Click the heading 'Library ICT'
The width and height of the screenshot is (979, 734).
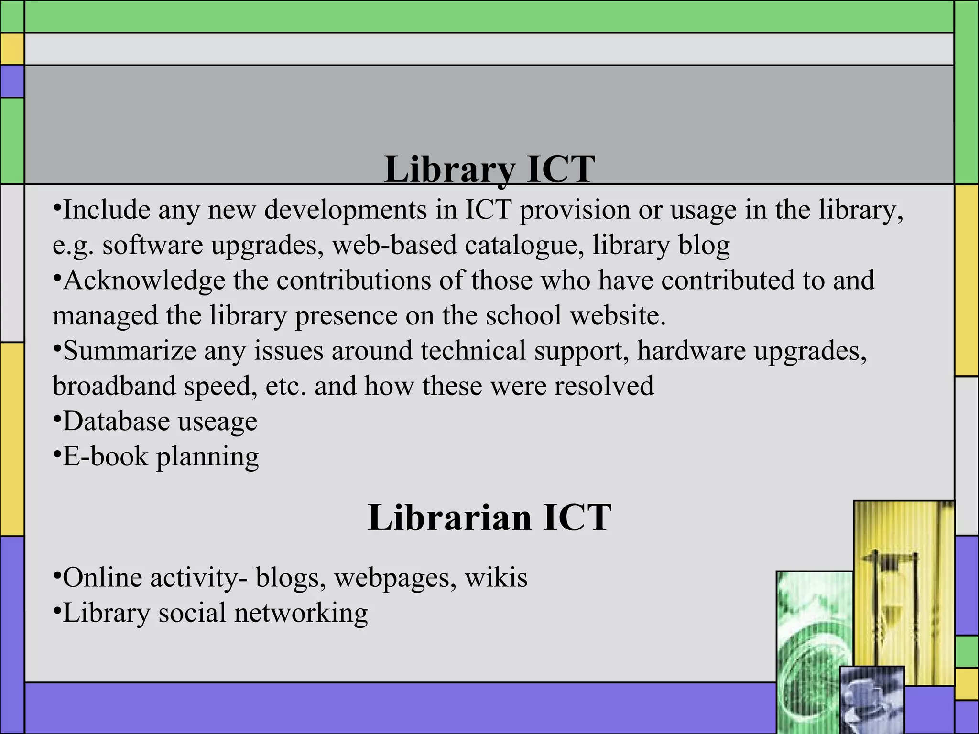pyautogui.click(x=489, y=169)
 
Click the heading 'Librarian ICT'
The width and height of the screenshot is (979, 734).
pyautogui.click(x=489, y=518)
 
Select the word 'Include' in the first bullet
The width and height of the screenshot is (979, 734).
pyautogui.click(x=107, y=210)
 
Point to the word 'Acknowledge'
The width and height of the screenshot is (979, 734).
pyautogui.click(x=144, y=281)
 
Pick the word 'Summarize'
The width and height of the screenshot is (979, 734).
pyautogui.click(x=129, y=351)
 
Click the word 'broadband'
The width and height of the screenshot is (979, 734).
pyautogui.click(x=114, y=386)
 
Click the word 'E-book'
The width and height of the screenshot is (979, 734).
pyautogui.click(x=106, y=457)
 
